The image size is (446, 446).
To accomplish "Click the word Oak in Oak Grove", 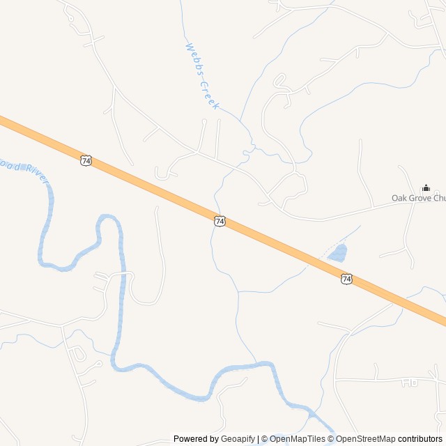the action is click(399, 199).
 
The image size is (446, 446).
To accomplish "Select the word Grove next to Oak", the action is click(420, 199).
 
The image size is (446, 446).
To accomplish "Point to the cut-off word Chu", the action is click(440, 199).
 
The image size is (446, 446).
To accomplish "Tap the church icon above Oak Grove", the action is click(426, 187).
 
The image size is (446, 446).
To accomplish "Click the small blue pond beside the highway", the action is click(337, 253).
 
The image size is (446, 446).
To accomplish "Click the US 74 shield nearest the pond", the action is click(346, 279).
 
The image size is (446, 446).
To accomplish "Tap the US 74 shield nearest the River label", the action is click(86, 160).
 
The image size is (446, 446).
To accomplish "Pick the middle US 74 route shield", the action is click(220, 221).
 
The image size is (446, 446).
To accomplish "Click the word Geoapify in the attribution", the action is click(238, 439).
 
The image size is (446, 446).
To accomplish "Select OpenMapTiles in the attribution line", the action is click(298, 439).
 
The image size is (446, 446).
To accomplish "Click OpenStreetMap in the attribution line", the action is click(366, 439).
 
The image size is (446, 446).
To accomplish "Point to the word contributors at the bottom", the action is click(420, 439).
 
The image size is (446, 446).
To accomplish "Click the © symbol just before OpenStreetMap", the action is click(332, 439).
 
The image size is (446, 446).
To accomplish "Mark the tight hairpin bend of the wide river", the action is click(109, 218).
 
